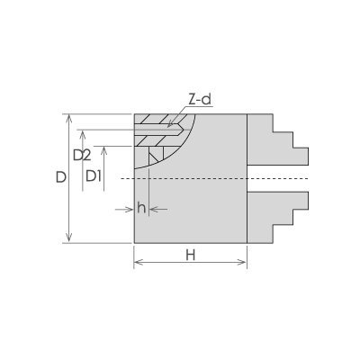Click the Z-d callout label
pos(200,100)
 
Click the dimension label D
pos(61,177)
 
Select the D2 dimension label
pos(82,156)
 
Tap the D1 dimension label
pos(94,176)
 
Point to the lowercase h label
pos(141,208)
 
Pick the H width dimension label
pos(191,256)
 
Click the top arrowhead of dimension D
pos(69,119)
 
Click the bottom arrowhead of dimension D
pos(69,238)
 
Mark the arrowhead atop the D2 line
pos(83,134)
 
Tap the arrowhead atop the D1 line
pos(103,150)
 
